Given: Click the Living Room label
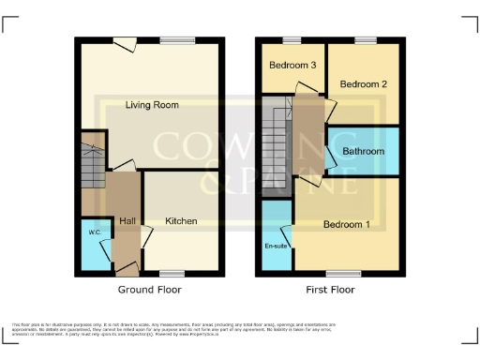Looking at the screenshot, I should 153,106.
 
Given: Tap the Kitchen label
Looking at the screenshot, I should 181,221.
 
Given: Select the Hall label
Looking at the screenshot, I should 127,221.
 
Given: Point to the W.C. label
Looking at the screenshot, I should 94,232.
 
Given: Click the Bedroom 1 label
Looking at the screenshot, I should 347,225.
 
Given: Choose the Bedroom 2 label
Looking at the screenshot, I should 363,84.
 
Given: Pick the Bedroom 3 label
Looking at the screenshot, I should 292,66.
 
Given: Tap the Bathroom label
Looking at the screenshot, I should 363,151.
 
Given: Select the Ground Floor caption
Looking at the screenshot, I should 150,290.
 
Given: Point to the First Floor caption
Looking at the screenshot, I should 330,290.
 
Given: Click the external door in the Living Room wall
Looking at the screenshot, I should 124,39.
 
